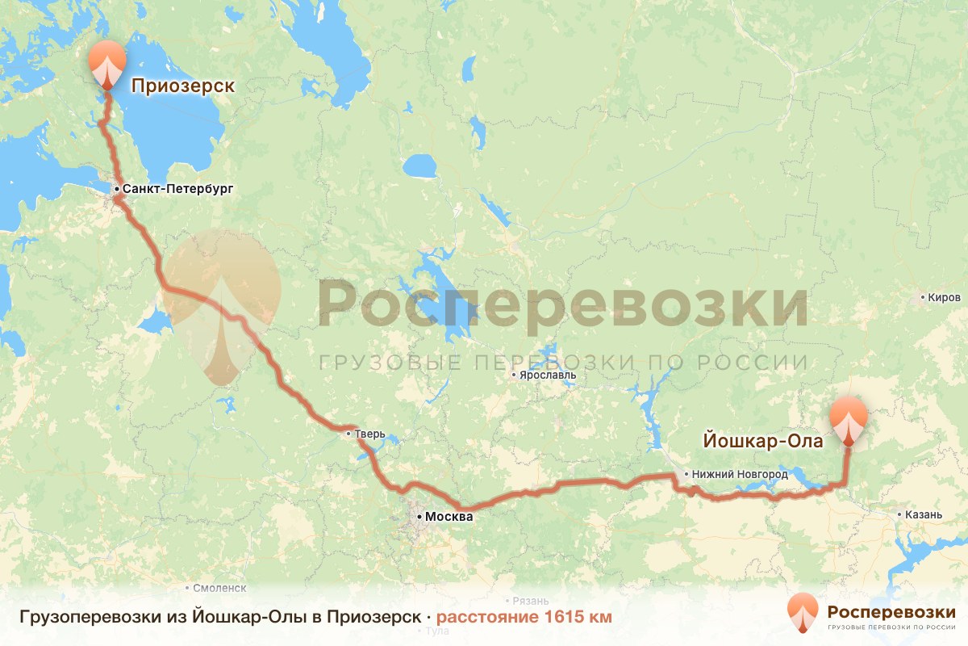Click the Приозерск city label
182,86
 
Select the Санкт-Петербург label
177,189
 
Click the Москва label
448,517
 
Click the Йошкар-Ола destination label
763,441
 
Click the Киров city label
944,298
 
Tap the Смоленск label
219,589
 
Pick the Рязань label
531,602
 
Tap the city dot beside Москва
418,515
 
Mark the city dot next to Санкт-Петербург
117,190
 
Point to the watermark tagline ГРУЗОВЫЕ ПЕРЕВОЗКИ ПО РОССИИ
563,363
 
